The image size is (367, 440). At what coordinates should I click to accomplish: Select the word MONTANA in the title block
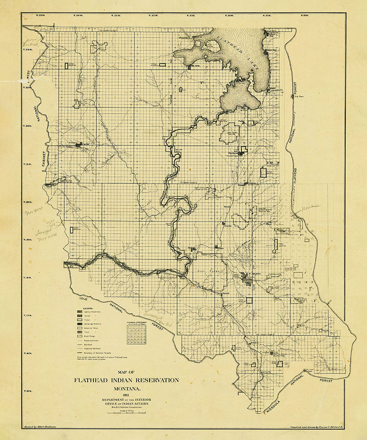click(x=126, y=387)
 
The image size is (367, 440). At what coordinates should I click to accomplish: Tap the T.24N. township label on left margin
click(x=28, y=49)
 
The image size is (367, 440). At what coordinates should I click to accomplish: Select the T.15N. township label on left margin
click(x=28, y=391)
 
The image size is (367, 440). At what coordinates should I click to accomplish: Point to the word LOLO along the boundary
click(x=82, y=299)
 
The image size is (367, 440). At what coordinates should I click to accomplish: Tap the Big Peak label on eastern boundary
click(x=299, y=97)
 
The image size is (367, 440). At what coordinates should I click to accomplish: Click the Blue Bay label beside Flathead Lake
click(x=272, y=50)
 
